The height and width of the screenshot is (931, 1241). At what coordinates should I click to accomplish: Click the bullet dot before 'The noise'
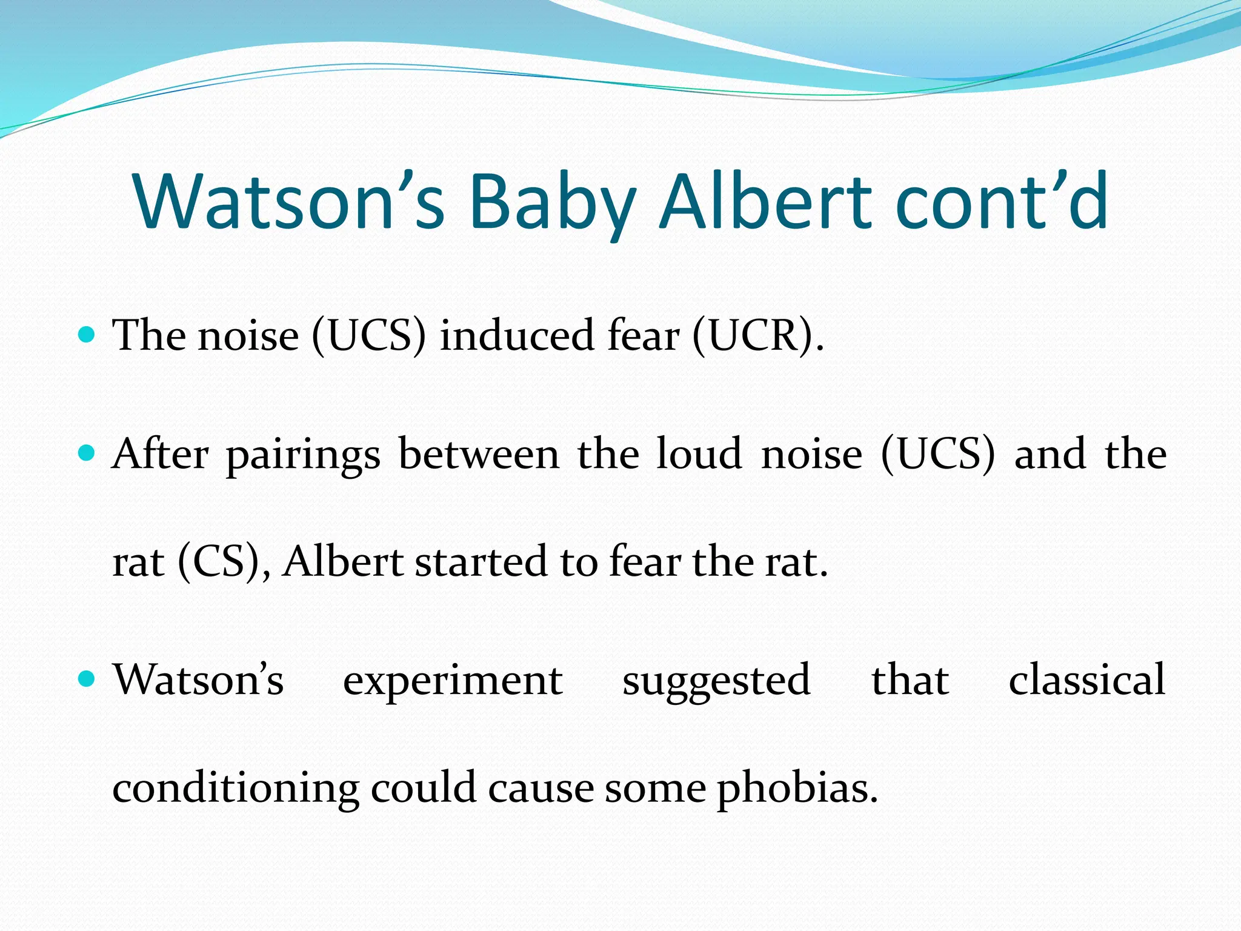(x=87, y=334)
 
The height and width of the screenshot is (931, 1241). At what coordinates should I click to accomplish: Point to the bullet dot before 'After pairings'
(x=87, y=453)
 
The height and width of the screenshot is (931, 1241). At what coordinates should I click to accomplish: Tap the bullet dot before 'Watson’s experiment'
(x=87, y=679)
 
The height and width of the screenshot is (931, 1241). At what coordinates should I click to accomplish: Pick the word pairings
(x=304, y=455)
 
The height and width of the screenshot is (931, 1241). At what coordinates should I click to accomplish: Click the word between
(x=479, y=454)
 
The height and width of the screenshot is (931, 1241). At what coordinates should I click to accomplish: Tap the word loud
(x=699, y=454)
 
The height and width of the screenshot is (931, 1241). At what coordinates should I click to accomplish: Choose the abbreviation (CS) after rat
(x=218, y=562)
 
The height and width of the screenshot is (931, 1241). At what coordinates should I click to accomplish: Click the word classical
(x=1087, y=680)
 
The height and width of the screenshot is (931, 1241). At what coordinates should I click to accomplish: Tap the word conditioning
(x=236, y=789)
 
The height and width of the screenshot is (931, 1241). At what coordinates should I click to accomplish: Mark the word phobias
(x=797, y=789)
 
